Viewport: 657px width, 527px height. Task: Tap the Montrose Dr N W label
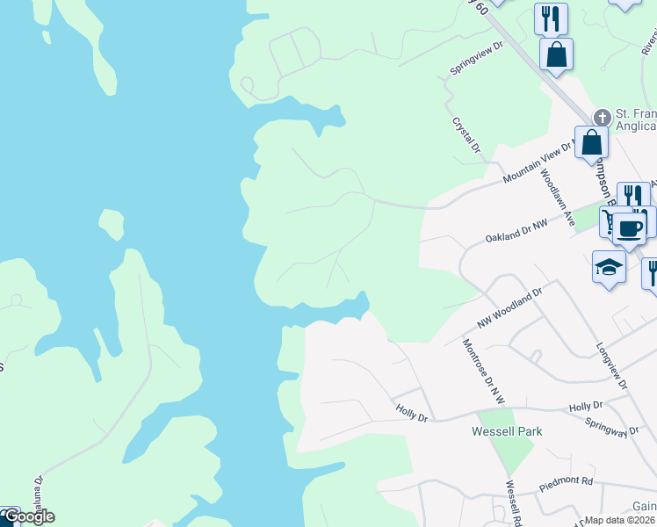tap(483, 372)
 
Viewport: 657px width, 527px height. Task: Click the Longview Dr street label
tap(612, 366)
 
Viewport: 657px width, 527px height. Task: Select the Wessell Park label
tap(507, 431)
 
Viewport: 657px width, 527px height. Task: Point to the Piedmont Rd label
tap(567, 482)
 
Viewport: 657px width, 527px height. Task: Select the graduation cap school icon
tap(608, 265)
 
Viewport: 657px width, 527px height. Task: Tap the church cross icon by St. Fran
tap(603, 117)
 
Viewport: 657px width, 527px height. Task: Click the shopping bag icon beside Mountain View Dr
tap(591, 141)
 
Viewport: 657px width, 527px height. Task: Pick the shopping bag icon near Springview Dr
tap(556, 54)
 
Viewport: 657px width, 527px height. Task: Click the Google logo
tap(29, 516)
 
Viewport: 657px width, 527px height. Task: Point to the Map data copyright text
tap(620, 520)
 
